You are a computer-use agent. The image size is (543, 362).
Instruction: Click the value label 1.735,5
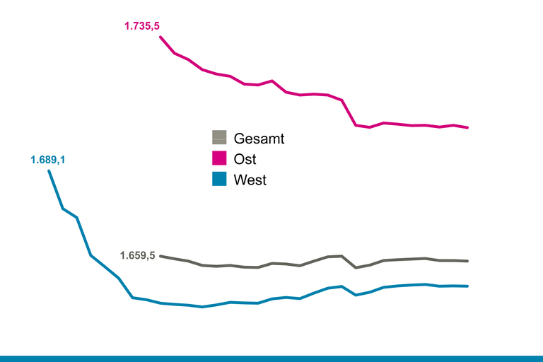(x=142, y=26)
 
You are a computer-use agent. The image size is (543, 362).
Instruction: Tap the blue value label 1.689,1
(x=48, y=160)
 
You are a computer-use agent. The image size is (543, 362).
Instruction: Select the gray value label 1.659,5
(x=138, y=255)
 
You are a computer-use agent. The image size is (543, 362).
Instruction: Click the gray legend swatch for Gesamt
(x=219, y=137)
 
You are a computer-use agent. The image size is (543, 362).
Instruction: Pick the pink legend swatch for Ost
(x=219, y=158)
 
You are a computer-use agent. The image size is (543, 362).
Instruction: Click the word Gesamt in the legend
(x=259, y=139)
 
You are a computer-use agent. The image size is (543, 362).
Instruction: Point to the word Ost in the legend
(x=245, y=159)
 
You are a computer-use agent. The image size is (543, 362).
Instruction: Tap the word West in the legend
(x=250, y=180)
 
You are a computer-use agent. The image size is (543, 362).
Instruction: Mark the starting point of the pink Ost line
(x=160, y=36)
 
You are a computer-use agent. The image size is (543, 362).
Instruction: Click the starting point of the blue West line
(x=49, y=171)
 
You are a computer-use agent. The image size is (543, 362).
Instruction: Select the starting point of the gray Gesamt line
(x=160, y=256)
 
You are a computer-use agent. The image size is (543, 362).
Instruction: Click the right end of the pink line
(x=468, y=128)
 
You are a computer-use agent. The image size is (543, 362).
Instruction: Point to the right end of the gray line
(x=468, y=261)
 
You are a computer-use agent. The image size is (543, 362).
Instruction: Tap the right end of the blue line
(x=468, y=286)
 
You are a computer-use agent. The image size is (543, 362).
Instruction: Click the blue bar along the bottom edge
(x=271, y=358)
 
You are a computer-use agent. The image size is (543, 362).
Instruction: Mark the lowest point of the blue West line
(x=202, y=307)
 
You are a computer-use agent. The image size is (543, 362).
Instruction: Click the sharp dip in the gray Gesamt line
(x=356, y=267)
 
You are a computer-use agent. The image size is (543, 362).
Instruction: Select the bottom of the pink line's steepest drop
(x=356, y=125)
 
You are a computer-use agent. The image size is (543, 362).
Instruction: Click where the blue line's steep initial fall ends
(x=133, y=298)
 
